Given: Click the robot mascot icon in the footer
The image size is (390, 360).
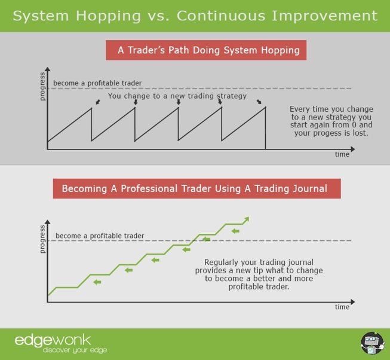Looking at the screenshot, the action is (373, 343).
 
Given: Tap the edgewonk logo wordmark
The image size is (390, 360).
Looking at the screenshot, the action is (53, 340).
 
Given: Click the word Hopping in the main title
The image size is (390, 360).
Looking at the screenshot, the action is (109, 16).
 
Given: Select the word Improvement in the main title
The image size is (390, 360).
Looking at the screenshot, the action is (324, 16).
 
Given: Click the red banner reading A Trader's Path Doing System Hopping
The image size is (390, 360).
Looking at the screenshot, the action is (206, 50).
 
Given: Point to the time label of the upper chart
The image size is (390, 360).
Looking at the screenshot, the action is (342, 154).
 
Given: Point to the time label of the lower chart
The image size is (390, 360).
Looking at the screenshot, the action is (342, 307).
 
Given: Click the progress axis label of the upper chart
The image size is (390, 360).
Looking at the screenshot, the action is (42, 86).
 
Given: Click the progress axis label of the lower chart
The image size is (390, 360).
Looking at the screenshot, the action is (42, 239).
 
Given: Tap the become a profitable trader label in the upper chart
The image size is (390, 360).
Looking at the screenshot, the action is (97, 83).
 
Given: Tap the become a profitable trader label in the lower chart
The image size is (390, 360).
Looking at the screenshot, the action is (100, 236).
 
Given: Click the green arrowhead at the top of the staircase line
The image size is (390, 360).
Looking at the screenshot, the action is (246, 220).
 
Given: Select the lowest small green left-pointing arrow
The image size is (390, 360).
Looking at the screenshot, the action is (97, 282).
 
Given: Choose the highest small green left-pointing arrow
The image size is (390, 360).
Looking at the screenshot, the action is (235, 231).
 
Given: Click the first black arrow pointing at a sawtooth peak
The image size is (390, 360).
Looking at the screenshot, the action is (98, 102).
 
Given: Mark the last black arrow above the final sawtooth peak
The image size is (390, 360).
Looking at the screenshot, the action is (259, 102).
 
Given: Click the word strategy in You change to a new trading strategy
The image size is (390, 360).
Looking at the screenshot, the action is (232, 96).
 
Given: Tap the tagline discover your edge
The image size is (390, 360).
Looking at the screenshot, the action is (75, 350).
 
